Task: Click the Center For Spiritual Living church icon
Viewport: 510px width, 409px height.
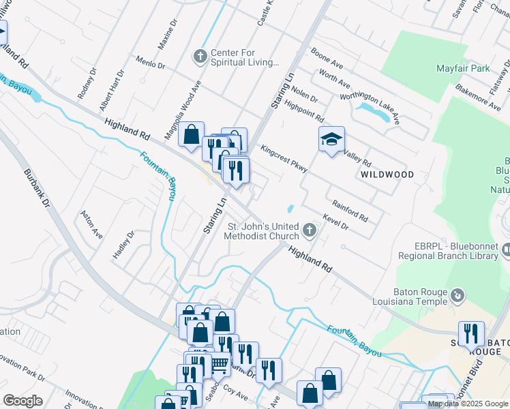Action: [200, 56]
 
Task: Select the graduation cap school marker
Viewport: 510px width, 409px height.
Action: [331, 140]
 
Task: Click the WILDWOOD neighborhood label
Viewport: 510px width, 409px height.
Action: [387, 175]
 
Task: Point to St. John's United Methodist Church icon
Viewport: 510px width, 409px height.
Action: [310, 230]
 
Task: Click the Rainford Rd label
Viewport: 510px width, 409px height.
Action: [350, 211]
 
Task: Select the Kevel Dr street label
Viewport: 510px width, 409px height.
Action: [336, 222]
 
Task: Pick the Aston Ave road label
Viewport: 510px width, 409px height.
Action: [91, 224]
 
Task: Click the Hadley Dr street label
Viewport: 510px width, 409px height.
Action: [123, 244]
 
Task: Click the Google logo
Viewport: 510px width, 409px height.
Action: [22, 401]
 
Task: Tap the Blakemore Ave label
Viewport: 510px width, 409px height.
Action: [477, 98]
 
